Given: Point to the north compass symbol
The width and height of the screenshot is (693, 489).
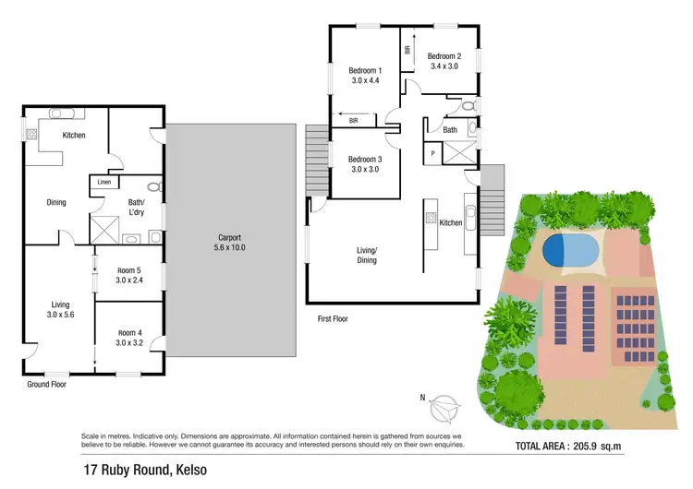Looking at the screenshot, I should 443,404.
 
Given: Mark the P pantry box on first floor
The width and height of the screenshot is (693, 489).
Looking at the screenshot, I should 432,152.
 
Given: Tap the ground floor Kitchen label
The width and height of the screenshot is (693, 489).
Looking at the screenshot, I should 74,136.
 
